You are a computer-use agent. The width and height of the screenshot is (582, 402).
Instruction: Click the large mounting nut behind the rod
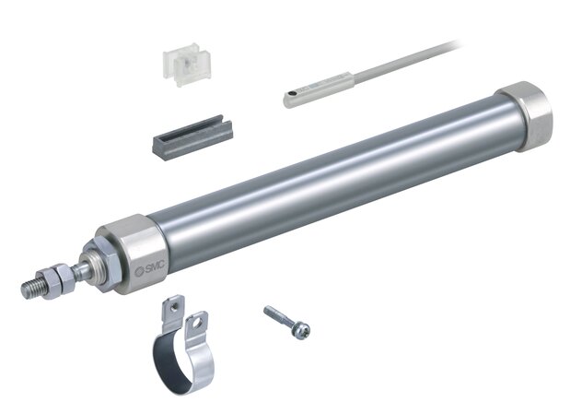click(101, 263)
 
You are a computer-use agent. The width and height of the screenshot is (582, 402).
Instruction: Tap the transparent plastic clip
click(187, 65)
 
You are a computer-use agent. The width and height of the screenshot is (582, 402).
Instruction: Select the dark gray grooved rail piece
click(192, 137)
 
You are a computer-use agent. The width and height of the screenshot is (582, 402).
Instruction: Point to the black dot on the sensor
click(292, 93)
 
